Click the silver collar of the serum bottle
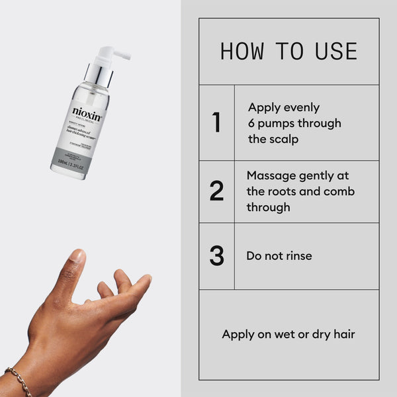coord(98,75)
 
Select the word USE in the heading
coord(335,52)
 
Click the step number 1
coord(216,123)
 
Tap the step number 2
coord(216,191)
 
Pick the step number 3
coord(216,256)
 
